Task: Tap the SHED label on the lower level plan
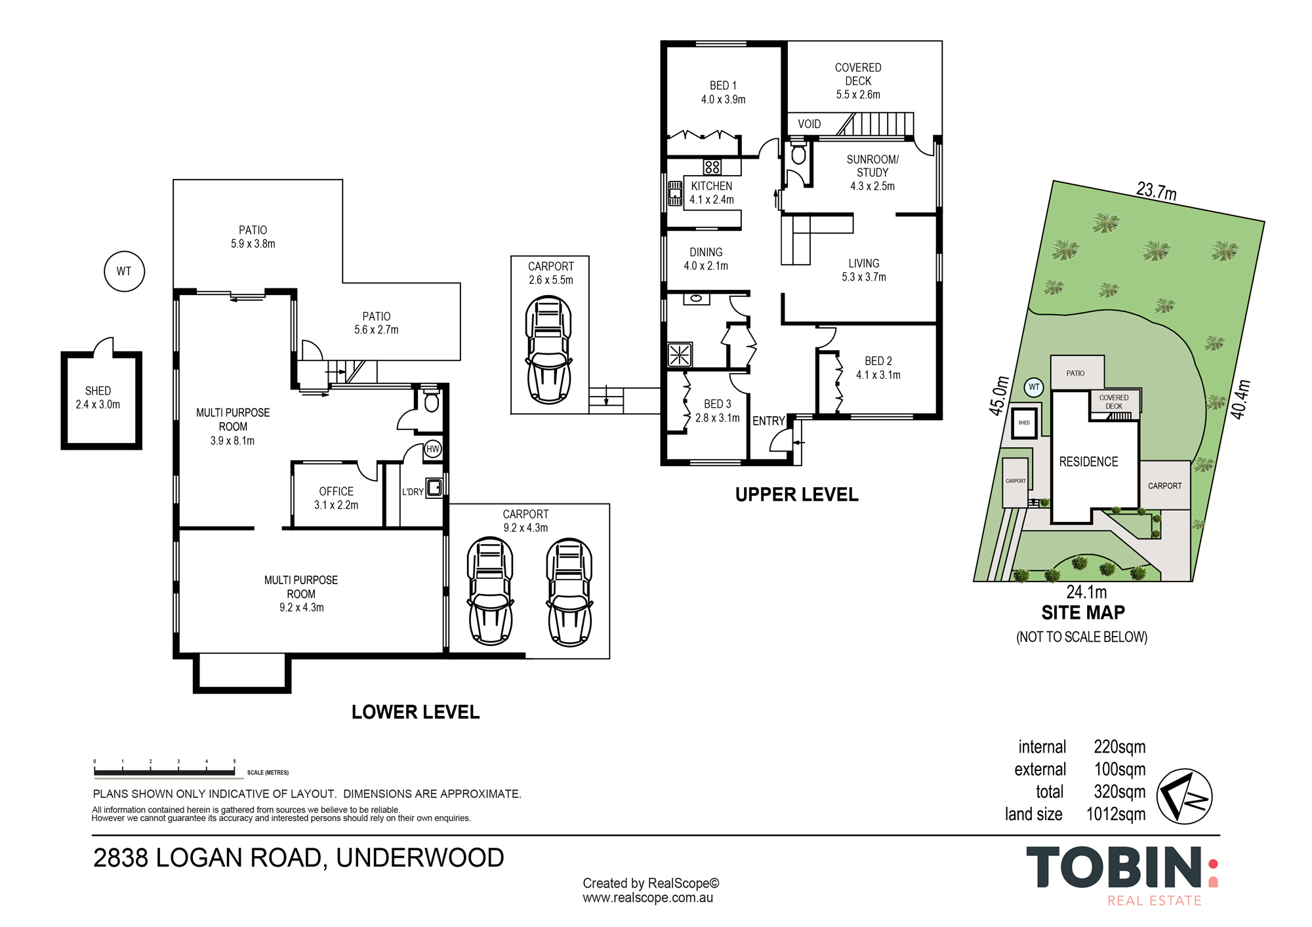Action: tap(98, 391)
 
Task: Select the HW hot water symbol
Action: tap(432, 449)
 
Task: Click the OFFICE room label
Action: tap(336, 492)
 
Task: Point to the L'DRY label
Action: tap(413, 492)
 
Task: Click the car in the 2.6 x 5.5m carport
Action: tap(549, 349)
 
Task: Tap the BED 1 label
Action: tap(723, 86)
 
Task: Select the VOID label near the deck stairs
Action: tap(809, 124)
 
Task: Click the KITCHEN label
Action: tap(712, 186)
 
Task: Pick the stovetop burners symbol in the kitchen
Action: tap(712, 167)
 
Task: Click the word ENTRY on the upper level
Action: tap(768, 421)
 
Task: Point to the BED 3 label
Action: tap(717, 404)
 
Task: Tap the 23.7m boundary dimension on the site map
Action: tap(1157, 191)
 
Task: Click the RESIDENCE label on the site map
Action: tap(1088, 462)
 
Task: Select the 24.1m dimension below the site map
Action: tap(1086, 592)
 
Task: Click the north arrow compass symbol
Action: tap(1183, 797)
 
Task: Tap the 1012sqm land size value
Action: tap(1116, 814)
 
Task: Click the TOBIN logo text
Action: tap(1114, 867)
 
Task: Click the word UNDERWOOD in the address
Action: tap(420, 858)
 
